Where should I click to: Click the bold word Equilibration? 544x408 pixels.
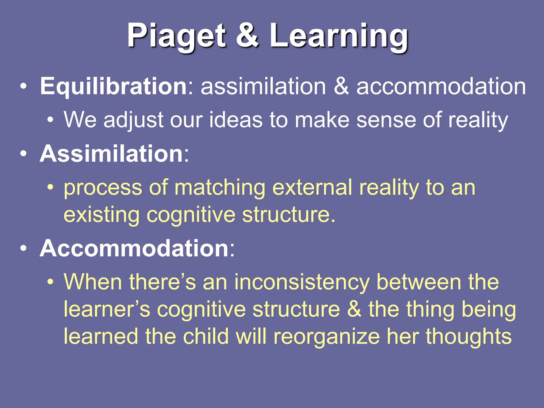114,86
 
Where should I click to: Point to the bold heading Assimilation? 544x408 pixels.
111,154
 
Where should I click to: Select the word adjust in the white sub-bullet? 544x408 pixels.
133,120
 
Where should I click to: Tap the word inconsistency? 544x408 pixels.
302,282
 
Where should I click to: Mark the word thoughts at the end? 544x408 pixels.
469,337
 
